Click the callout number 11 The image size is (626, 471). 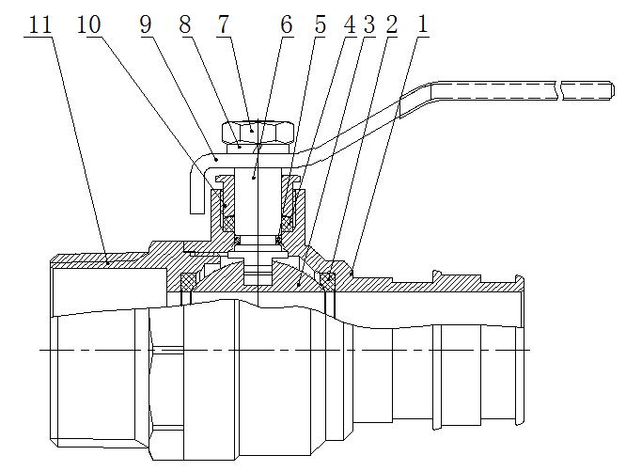pos(40,25)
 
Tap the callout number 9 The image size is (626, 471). pos(146,25)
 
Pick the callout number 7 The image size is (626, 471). pos(223,25)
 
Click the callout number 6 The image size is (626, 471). pos(286,25)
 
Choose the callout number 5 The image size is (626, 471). pos(321,25)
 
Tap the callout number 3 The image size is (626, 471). pos(368,25)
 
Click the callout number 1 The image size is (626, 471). pos(423,25)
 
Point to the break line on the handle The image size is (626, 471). pos(561,91)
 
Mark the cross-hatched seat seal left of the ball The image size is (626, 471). pos(189,280)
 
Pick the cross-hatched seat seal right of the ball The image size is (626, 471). pos(327,279)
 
